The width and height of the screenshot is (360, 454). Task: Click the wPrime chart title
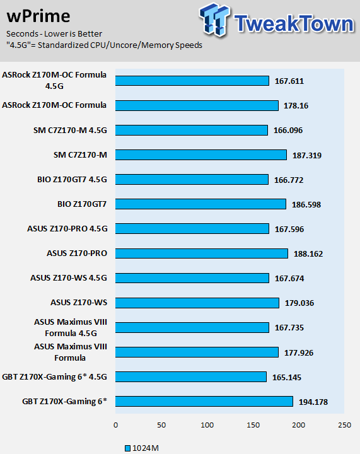click(38, 16)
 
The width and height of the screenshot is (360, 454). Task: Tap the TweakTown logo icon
click(215, 20)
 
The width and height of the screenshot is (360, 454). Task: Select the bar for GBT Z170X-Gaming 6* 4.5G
click(190, 376)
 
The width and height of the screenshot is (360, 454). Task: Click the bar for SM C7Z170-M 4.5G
click(191, 131)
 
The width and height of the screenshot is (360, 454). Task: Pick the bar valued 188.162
click(201, 253)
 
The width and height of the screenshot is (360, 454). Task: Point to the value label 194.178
click(313, 402)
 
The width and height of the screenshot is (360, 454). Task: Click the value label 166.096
click(288, 131)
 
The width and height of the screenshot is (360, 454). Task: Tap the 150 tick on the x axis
click(253, 425)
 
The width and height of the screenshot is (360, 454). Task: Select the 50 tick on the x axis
click(161, 425)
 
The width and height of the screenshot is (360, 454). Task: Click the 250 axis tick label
click(344, 425)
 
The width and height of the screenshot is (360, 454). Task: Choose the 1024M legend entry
click(142, 448)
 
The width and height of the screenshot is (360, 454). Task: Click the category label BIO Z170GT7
click(82, 204)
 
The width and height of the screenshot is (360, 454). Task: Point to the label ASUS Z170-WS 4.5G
click(69, 278)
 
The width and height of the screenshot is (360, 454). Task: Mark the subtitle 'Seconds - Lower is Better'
click(54, 34)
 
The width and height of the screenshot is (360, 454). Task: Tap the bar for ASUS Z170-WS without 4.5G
click(197, 303)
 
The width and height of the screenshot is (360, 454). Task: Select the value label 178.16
click(296, 106)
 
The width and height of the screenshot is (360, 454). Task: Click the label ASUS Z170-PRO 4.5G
click(67, 229)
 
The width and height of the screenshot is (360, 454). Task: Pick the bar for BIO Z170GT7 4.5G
click(192, 180)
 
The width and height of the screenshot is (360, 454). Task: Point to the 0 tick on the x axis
click(116, 425)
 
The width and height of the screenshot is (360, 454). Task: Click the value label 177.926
click(299, 352)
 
